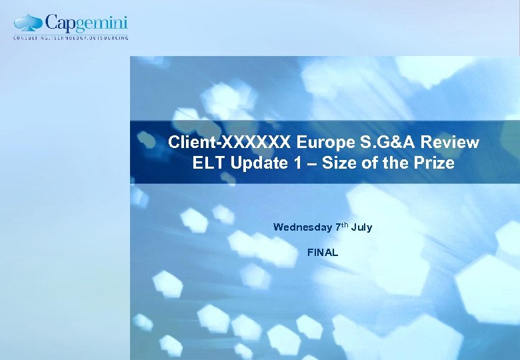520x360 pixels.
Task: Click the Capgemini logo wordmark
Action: (x=86, y=24)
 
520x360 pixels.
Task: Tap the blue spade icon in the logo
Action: (x=29, y=23)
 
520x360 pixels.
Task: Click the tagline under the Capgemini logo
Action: (x=71, y=38)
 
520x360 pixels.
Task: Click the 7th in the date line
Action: (x=341, y=227)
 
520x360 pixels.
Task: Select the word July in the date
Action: (x=362, y=227)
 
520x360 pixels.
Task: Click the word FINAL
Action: (x=323, y=253)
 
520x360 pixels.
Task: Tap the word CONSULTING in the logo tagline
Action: (x=31, y=38)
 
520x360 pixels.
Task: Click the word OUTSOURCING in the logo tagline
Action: (x=108, y=38)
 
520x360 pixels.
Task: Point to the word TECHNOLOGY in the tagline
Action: (x=69, y=38)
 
